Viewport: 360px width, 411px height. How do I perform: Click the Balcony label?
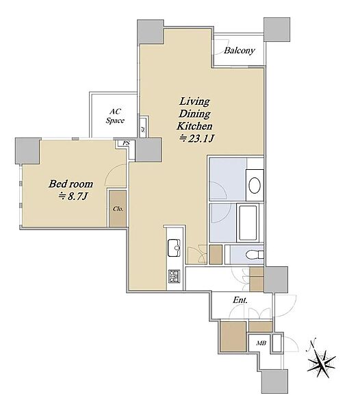click(240, 50)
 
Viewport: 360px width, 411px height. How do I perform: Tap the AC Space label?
click(115, 116)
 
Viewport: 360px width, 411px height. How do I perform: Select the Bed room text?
click(70, 184)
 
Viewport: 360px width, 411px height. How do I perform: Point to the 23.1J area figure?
click(196, 138)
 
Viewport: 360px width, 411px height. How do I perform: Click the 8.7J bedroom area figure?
click(73, 197)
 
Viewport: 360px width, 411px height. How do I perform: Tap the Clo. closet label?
click(118, 209)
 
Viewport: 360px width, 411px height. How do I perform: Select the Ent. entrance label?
click(240, 300)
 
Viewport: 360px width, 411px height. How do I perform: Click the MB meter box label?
click(261, 343)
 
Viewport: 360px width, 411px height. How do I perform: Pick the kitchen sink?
click(174, 248)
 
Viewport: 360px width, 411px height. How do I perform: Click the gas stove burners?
click(175, 276)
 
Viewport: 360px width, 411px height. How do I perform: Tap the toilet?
click(255, 254)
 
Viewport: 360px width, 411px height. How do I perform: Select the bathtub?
click(248, 223)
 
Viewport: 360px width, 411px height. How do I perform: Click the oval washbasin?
click(255, 185)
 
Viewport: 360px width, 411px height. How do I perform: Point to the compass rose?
click(321, 364)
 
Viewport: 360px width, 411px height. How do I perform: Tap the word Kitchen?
click(194, 126)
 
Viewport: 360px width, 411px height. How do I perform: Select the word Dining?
click(194, 114)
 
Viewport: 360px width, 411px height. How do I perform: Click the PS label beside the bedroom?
click(126, 143)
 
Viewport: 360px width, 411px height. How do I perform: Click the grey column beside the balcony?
click(277, 29)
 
